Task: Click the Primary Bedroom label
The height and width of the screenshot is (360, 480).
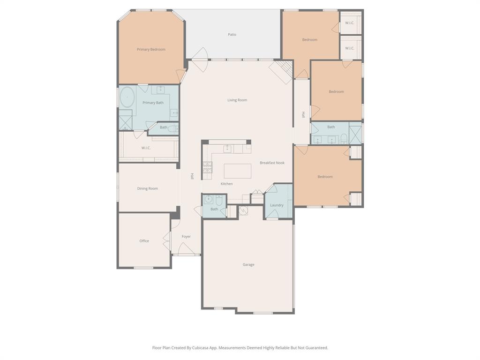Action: pyautogui.click(x=151, y=49)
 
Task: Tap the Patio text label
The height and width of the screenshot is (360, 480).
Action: pyautogui.click(x=232, y=35)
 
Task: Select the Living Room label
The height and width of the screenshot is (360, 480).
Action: pyautogui.click(x=237, y=100)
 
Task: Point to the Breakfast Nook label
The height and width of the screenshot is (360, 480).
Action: pyautogui.click(x=272, y=163)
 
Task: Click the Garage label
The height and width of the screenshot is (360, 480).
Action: pyautogui.click(x=248, y=264)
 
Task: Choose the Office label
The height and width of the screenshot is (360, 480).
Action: pyautogui.click(x=144, y=241)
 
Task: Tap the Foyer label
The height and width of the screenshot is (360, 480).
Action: pyautogui.click(x=186, y=237)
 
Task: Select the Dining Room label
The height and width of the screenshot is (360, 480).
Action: pyautogui.click(x=147, y=188)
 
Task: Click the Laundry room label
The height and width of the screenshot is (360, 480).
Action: pyautogui.click(x=277, y=205)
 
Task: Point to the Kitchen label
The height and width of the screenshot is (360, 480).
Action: pyautogui.click(x=226, y=184)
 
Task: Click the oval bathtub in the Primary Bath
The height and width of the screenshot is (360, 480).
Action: pyautogui.click(x=127, y=97)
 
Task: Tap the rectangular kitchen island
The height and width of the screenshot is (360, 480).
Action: pyautogui.click(x=237, y=171)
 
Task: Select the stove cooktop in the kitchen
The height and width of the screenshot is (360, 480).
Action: pyautogui.click(x=207, y=167)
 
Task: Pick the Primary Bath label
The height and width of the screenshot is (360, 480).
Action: pyautogui.click(x=153, y=103)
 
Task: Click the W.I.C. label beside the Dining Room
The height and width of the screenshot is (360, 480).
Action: pyautogui.click(x=146, y=148)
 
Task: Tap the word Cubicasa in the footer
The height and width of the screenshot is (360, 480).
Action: pyautogui.click(x=202, y=348)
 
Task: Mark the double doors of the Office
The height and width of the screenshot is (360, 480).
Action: pyautogui.click(x=166, y=241)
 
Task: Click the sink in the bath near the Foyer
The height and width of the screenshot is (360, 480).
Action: pyautogui.click(x=209, y=198)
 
